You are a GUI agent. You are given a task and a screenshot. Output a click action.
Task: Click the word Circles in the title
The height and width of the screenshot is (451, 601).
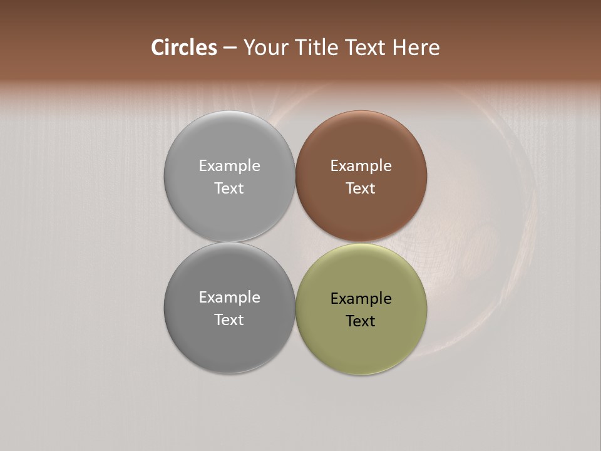click(x=184, y=48)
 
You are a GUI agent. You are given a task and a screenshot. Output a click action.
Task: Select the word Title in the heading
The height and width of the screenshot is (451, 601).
click(x=317, y=48)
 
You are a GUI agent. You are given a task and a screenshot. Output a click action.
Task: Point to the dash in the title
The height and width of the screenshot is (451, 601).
click(x=230, y=48)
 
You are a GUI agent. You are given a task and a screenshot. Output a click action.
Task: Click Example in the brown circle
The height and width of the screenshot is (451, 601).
click(x=361, y=166)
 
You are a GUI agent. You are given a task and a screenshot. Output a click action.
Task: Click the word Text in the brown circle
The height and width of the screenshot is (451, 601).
click(x=361, y=189)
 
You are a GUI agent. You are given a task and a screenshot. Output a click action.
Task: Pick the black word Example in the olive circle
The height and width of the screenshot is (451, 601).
click(x=361, y=299)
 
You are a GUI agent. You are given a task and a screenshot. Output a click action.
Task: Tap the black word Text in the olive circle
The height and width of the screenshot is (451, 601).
click(x=361, y=321)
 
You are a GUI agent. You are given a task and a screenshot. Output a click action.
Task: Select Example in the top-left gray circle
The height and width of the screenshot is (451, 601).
click(x=229, y=166)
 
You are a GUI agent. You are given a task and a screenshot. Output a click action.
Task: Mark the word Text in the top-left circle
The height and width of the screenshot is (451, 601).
click(x=229, y=189)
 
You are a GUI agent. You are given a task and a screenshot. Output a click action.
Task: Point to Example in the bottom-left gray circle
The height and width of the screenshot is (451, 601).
click(x=229, y=298)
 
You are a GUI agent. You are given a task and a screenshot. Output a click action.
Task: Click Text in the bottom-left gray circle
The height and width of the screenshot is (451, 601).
click(x=229, y=320)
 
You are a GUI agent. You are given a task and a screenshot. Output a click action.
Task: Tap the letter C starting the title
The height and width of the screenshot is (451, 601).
click(x=158, y=48)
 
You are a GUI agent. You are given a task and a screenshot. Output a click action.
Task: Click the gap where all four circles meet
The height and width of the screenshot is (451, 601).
click(x=295, y=242)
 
